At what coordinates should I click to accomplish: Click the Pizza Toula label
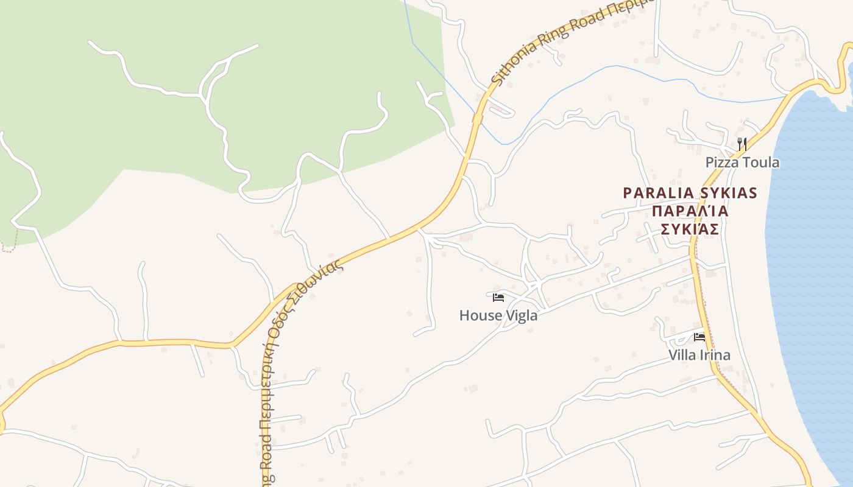tap(742, 163)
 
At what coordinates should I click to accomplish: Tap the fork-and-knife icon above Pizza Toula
tap(742, 144)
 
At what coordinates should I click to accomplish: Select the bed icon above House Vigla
tap(498, 298)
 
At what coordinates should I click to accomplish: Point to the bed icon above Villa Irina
tap(699, 337)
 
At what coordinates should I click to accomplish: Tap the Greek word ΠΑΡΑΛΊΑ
tap(690, 212)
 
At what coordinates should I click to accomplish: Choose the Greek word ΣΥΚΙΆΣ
tap(690, 229)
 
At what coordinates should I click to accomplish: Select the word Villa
tap(682, 355)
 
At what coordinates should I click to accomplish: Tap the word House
tap(481, 315)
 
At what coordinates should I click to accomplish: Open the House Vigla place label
tap(498, 315)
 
